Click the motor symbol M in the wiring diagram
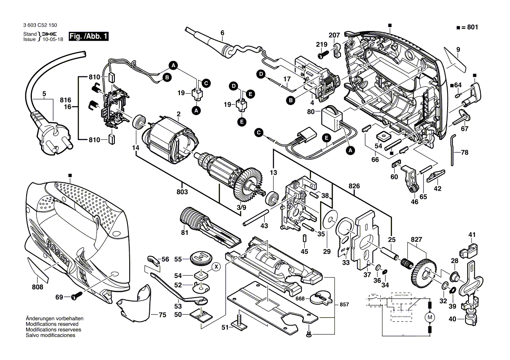click(430, 316)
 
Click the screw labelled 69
click(75, 297)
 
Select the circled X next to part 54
click(216, 266)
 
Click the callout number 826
click(354, 186)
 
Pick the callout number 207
click(334, 34)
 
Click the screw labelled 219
click(323, 55)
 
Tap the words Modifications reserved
click(52, 325)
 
